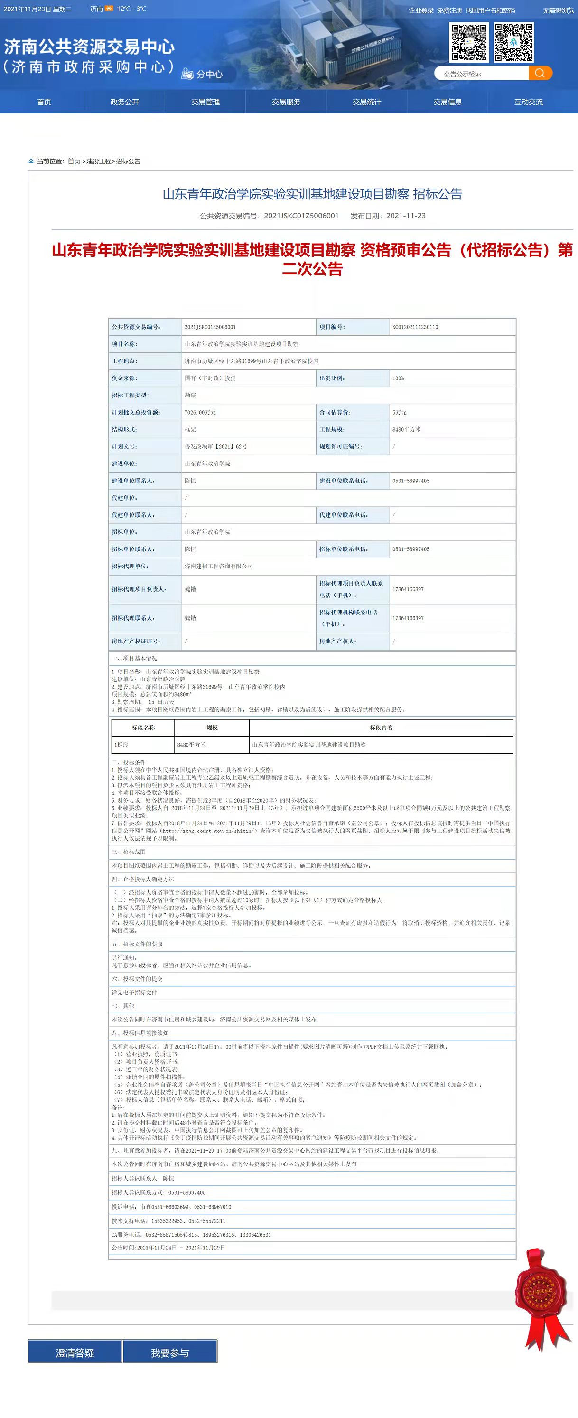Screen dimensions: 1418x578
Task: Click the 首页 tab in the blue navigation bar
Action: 44,102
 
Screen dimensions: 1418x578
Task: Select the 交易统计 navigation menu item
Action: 367,102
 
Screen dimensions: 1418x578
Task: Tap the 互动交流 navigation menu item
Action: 528,102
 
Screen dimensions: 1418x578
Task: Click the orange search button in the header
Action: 540,73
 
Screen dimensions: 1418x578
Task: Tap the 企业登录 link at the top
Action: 421,10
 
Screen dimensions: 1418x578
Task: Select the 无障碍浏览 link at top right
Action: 558,10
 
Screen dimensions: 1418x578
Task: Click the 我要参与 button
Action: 170,1352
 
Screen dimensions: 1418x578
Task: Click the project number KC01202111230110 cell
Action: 415,327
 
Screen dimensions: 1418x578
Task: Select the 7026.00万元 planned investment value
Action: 200,412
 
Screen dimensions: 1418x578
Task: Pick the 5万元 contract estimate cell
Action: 400,412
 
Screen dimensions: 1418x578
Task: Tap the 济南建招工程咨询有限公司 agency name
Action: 219,566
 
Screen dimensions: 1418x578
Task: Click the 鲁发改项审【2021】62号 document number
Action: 215,446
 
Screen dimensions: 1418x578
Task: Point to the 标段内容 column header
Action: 381,728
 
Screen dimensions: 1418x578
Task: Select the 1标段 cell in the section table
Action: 121,745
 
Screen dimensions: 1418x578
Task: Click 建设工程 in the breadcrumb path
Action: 99,161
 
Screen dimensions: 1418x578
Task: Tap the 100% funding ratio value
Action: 398,378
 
